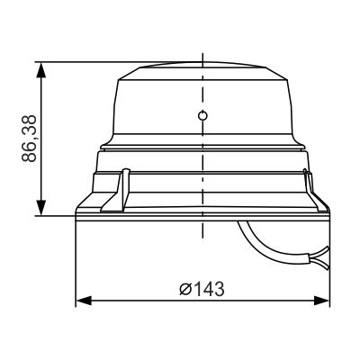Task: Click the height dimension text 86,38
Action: pyautogui.click(x=29, y=138)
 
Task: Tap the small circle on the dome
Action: pyautogui.click(x=203, y=115)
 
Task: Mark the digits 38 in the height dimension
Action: pyautogui.click(x=29, y=124)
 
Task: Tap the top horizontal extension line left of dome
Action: pyautogui.click(x=81, y=61)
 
